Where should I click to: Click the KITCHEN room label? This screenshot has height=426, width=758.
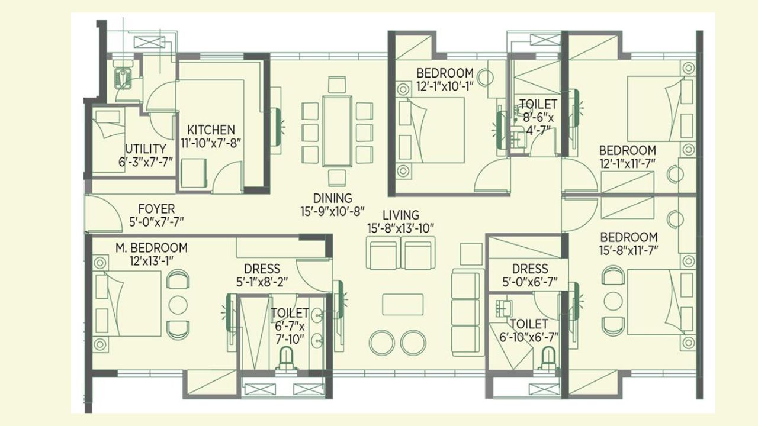pos(211,130)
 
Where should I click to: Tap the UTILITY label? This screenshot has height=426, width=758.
pos(145,149)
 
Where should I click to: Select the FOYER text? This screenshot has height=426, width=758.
pos(156,209)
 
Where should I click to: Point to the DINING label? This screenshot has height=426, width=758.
pos(333,198)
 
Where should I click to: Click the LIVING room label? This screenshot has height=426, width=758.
pos(401,215)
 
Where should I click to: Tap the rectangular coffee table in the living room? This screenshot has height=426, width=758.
pos(403,304)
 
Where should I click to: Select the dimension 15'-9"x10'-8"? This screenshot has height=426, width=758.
pos(333,211)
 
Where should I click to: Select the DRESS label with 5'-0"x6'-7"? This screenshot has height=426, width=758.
pos(530,269)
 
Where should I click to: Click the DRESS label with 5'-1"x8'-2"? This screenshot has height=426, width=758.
pos(262,269)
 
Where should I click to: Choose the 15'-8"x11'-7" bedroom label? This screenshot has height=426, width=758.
pos(628,237)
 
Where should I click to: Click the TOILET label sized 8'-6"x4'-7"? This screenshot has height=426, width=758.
pos(538,105)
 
